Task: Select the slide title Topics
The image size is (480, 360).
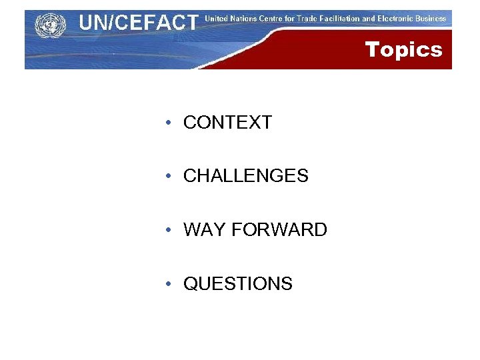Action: tap(403, 49)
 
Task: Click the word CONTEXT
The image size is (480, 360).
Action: tap(227, 123)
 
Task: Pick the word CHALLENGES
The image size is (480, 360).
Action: tap(245, 176)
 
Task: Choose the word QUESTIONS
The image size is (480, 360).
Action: tap(237, 284)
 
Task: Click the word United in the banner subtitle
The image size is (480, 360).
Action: tap(217, 19)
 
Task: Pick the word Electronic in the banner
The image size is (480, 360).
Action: tap(397, 19)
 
